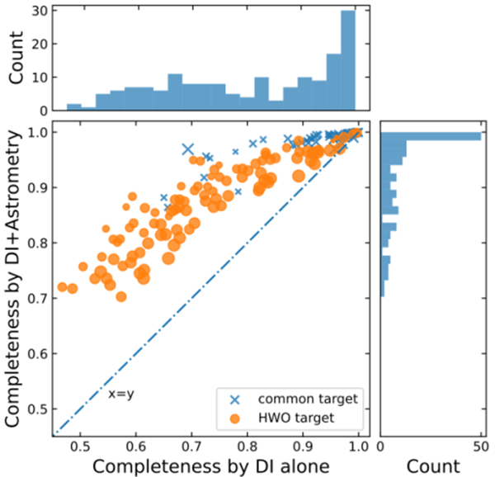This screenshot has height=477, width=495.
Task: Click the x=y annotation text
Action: pos(120,394)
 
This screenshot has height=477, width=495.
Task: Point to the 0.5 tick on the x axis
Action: pos(81,448)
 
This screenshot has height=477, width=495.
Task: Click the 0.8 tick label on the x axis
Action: pos(247,448)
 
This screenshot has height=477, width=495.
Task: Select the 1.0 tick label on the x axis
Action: pos(358,448)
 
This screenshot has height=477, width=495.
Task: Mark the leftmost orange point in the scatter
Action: pos(62,287)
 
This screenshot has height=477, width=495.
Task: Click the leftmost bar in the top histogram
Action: pos(73,107)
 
